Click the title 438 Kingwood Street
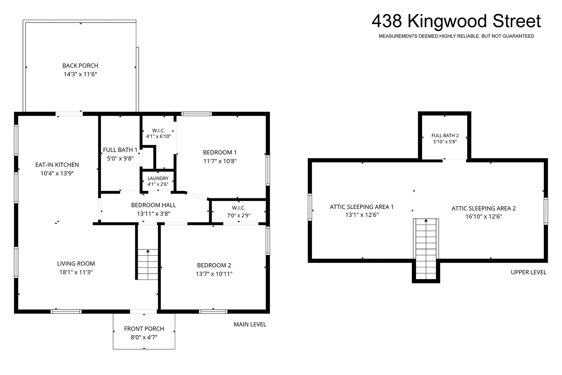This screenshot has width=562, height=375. click(456, 21)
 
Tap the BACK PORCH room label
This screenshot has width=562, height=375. click(80, 66)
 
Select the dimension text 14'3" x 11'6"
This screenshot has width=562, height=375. click(80, 74)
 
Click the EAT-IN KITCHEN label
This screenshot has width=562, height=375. click(57, 165)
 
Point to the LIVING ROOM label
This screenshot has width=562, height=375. click(76, 264)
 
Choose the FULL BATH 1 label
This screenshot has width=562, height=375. click(120, 150)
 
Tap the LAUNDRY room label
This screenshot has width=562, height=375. click(158, 178)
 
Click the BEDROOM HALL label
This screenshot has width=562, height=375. click(154, 205)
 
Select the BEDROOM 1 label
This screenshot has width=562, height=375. click(220, 152)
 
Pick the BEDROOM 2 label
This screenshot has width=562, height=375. click(214, 265)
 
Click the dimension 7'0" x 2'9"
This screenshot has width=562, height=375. click(239, 215)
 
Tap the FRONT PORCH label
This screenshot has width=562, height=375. click(144, 329)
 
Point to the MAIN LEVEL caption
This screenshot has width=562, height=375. click(250, 325)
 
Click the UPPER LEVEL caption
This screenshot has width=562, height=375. click(529, 272)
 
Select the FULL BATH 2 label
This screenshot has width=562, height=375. click(445, 136)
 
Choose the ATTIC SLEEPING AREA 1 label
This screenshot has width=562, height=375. click(362, 207)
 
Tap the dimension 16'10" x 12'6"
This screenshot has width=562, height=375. click(484, 217)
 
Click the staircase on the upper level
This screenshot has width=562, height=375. click(426, 249)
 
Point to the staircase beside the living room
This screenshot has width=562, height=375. click(148, 265)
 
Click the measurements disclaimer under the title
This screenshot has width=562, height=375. click(457, 36)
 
